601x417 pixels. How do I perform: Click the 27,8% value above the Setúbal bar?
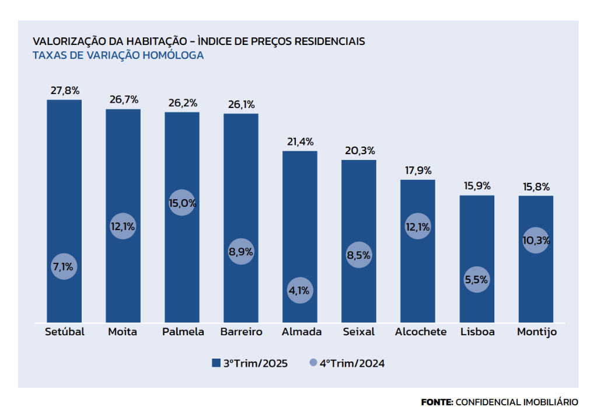65,91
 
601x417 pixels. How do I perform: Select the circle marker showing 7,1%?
64,267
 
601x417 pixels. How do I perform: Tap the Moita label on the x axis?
123,332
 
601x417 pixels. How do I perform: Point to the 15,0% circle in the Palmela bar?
182,203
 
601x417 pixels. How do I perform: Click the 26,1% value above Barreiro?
240,105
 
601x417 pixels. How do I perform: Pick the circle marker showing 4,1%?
300,290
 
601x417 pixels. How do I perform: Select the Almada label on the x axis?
301,332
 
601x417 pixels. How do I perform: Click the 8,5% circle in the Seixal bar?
359,255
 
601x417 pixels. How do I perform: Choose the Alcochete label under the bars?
421,332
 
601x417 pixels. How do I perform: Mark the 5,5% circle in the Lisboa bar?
477,280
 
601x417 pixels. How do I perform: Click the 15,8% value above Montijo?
536,187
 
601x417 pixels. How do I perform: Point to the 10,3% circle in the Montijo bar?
536,240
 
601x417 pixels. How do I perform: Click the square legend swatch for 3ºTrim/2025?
215,363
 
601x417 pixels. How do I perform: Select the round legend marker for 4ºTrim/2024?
313,363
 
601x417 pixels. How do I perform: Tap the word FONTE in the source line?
436,402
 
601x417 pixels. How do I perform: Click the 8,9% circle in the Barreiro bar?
241,252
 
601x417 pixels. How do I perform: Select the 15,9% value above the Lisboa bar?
477,186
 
